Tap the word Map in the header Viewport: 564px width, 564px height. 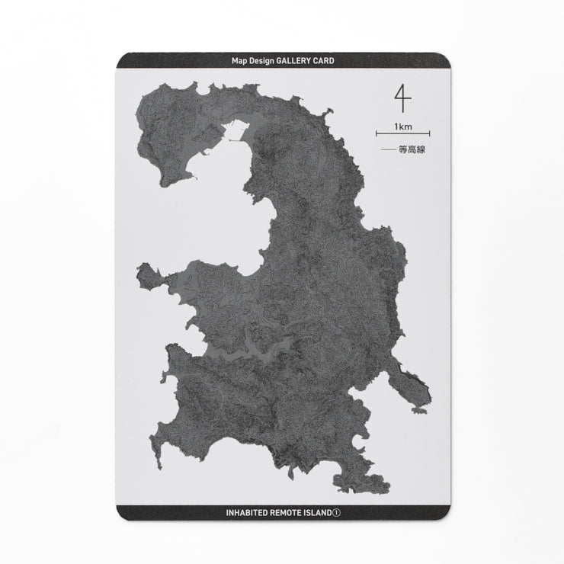point(240,60)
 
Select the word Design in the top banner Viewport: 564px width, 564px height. point(261,60)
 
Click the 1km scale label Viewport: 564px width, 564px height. point(402,126)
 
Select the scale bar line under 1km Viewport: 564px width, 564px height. point(402,135)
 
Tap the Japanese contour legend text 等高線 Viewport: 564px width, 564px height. point(411,150)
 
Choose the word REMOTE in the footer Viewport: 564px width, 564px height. point(292,513)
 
